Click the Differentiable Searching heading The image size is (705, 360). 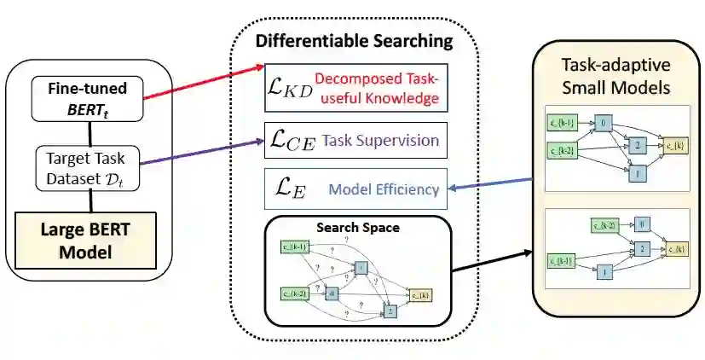[354, 41]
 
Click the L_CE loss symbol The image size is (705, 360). [288, 141]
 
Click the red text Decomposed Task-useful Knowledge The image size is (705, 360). [376, 90]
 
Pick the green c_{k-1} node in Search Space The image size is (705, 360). [296, 247]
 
